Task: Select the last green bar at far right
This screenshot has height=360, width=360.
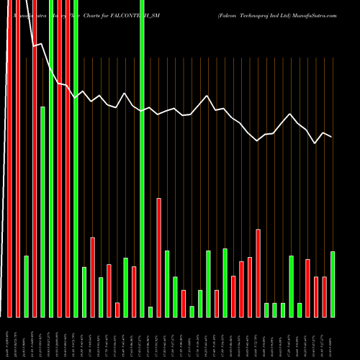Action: [x=333, y=284]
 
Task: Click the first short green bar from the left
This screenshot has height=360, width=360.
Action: [x=26, y=287]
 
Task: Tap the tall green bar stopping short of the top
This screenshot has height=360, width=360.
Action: [x=42, y=212]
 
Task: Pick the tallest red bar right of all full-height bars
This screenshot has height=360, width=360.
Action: [x=158, y=258]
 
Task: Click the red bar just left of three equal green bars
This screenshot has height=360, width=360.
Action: [x=258, y=273]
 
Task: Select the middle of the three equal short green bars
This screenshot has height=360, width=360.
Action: [x=274, y=310]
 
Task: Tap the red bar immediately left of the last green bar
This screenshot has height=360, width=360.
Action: [x=324, y=297]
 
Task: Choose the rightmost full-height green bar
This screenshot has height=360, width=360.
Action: [x=142, y=158]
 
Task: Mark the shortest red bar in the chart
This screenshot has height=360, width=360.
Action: [x=117, y=310]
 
